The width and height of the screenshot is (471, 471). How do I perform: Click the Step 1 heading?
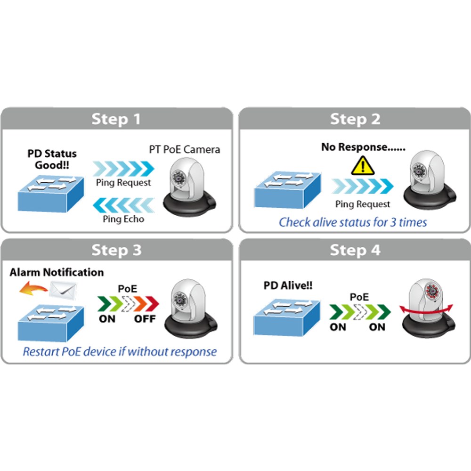point(116,119)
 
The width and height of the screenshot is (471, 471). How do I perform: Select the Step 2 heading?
point(355,119)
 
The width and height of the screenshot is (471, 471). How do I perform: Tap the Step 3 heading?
point(116,250)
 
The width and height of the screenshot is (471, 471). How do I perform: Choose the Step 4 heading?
point(355,250)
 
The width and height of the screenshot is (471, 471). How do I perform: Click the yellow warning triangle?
point(363,165)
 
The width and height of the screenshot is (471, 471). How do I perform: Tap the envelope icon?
point(63,290)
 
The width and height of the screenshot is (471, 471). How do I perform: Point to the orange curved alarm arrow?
point(33,288)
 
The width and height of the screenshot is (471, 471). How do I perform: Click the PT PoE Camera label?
point(185,149)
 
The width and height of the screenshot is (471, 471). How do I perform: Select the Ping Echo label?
point(123,219)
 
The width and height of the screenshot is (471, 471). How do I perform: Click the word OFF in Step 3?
point(145,319)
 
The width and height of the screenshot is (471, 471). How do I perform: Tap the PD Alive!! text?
point(288,285)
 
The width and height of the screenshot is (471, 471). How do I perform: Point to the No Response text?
point(363,147)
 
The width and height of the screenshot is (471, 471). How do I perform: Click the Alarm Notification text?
point(57,272)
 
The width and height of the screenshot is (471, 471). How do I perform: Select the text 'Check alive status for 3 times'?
point(353,222)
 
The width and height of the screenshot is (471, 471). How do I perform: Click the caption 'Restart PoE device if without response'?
point(120,351)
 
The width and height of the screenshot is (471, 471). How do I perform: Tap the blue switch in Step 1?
point(51,194)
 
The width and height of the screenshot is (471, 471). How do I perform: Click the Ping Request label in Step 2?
point(363,204)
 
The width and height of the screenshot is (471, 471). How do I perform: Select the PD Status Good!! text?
point(52,159)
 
